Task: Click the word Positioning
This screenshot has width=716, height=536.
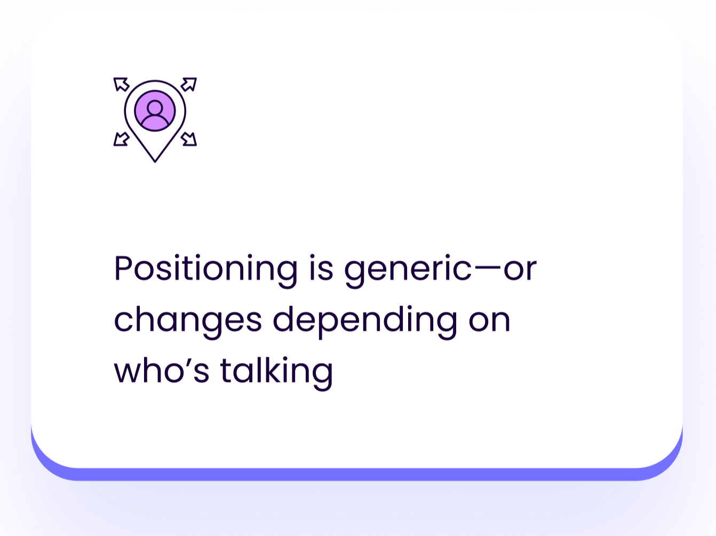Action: click(x=206, y=269)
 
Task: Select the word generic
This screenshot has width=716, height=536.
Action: click(x=408, y=270)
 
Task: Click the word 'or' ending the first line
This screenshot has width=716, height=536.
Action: click(x=520, y=270)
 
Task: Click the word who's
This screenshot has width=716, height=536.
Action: click(x=162, y=370)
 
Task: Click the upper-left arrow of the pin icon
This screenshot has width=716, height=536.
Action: click(x=121, y=85)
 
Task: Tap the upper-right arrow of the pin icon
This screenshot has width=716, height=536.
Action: click(x=189, y=85)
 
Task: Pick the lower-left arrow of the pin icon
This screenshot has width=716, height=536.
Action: click(x=121, y=139)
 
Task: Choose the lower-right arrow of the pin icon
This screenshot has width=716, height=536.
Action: click(x=189, y=139)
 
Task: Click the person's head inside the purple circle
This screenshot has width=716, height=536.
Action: click(x=155, y=107)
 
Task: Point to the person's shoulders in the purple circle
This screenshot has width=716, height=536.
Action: click(x=155, y=121)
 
